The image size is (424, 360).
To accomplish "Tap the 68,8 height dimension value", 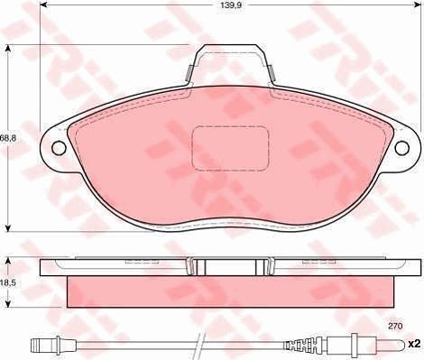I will (9, 137).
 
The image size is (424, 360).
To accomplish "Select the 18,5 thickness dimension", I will (9, 282).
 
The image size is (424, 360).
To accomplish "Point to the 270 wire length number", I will (395, 325).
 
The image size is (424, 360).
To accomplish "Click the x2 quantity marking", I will (414, 344).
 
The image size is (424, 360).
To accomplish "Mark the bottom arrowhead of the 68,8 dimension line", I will (9, 228).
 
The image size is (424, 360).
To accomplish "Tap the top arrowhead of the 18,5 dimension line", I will (9, 260).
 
